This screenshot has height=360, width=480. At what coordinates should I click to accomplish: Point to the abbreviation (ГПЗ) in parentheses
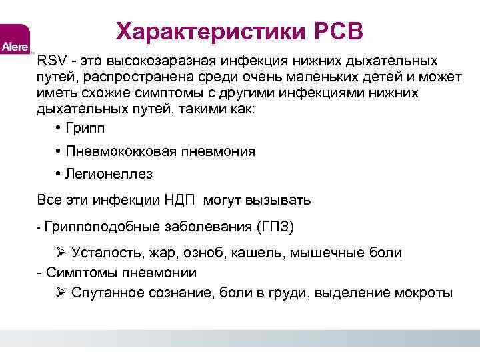(274, 227)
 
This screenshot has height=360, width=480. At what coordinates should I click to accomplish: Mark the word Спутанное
(106, 293)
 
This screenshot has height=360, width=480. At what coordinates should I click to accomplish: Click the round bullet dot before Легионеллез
(59, 175)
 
